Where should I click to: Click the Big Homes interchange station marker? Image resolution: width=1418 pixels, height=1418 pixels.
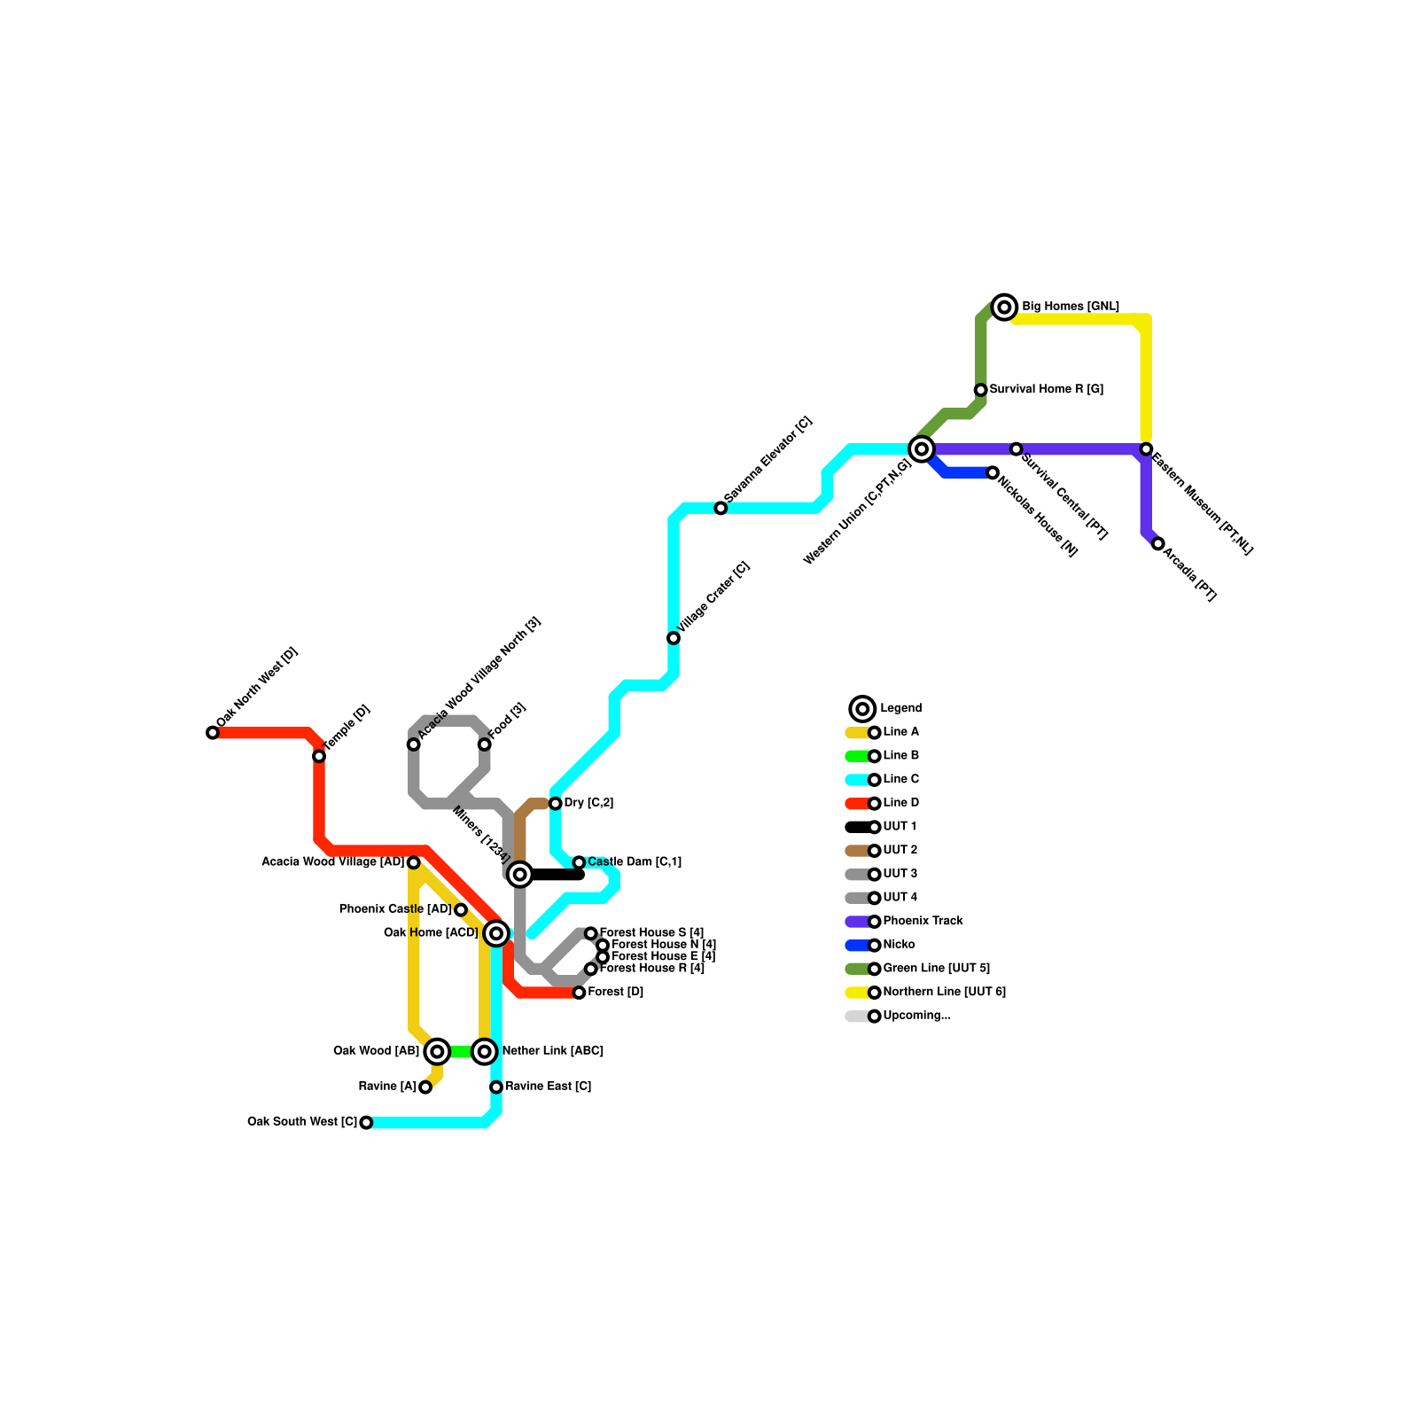1004,308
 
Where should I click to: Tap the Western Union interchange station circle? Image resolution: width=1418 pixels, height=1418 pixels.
922,449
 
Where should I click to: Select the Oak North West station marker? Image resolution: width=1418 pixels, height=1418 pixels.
213,733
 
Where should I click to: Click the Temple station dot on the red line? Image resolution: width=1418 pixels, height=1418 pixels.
319,756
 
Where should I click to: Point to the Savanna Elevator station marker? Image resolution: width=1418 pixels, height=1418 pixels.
721,508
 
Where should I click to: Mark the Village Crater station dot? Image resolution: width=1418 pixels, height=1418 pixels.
674,638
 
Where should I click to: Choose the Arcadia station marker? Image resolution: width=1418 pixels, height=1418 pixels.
1157,543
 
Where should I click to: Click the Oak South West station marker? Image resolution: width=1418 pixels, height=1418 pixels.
366,1123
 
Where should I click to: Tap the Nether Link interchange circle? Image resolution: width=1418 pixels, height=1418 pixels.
484,1052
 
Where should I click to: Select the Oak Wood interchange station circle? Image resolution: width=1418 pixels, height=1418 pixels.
437,1052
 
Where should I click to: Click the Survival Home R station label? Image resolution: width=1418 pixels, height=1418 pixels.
1046,390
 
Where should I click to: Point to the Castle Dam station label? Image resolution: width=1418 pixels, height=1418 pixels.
635,862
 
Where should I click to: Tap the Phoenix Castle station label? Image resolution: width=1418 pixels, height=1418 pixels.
395,910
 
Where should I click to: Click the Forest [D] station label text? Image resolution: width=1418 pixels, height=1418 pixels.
616,993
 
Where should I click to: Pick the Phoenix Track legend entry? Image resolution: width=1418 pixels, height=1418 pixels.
923,922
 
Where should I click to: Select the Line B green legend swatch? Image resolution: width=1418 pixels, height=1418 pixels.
857,756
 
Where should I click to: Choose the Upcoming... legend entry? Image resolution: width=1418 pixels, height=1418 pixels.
916,1017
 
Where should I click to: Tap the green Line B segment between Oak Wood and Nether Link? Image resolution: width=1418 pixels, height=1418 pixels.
461,1052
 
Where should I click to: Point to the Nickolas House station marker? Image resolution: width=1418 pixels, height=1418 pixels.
993,473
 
